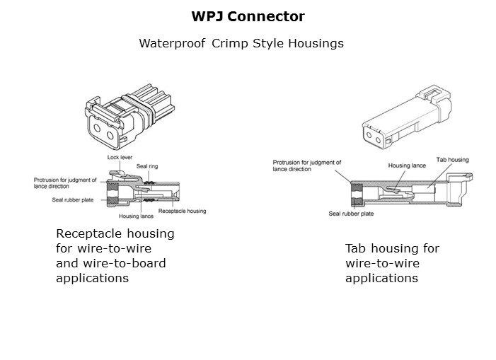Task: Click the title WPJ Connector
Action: click(248, 15)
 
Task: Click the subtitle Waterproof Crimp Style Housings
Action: click(241, 43)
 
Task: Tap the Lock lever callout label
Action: click(119, 157)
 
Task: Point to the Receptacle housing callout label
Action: click(182, 211)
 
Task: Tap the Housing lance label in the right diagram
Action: click(406, 166)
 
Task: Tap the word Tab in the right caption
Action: click(356, 248)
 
